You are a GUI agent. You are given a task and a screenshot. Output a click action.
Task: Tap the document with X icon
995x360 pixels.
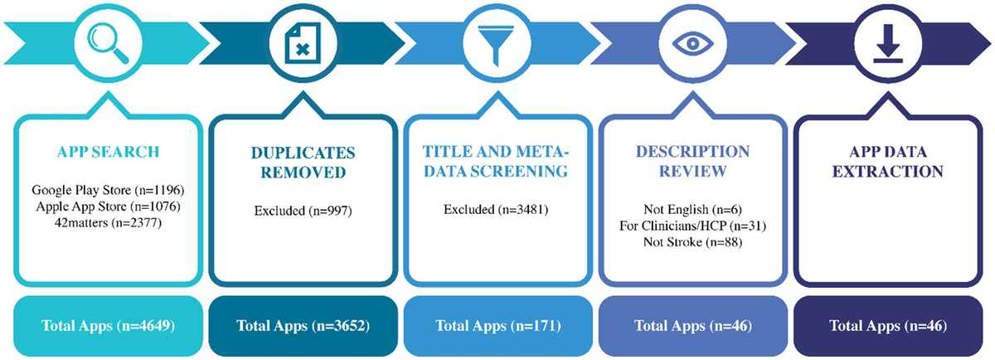pyautogui.click(x=303, y=42)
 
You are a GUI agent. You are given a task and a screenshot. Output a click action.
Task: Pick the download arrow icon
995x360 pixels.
pyautogui.click(x=888, y=42)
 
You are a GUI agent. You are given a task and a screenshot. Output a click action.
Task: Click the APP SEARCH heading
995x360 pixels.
pyautogui.click(x=108, y=153)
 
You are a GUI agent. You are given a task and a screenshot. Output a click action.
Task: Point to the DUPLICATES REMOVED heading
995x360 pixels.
pyautogui.click(x=303, y=163)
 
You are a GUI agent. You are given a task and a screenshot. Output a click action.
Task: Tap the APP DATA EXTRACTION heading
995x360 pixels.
pyautogui.click(x=888, y=163)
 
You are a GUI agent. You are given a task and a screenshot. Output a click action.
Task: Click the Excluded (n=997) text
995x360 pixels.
pyautogui.click(x=303, y=211)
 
